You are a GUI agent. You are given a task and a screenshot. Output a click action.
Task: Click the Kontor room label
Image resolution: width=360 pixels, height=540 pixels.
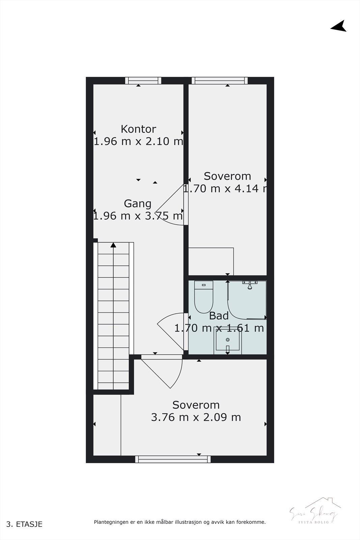pyautogui.click(x=138, y=129)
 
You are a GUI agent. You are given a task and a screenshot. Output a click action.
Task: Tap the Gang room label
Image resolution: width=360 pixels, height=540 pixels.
pyautogui.click(x=138, y=204)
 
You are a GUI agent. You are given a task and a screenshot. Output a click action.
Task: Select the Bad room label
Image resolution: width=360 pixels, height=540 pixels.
pyautogui.click(x=219, y=316)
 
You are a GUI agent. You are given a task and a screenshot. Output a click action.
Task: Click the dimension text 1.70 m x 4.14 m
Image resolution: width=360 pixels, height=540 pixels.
pyautogui.click(x=225, y=188)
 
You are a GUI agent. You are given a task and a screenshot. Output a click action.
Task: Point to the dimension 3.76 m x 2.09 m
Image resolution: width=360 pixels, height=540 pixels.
pyautogui.click(x=196, y=417)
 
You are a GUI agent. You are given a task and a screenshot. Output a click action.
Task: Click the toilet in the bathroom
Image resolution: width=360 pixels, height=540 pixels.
pyautogui.click(x=204, y=297)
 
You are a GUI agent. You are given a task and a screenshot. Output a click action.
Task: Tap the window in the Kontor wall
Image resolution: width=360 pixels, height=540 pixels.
pyautogui.click(x=143, y=80)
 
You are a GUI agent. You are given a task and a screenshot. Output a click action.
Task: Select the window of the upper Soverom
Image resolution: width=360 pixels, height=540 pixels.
pyautogui.click(x=220, y=80)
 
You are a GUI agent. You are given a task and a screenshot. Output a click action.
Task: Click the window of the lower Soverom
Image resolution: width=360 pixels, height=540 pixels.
pyautogui.click(x=173, y=459)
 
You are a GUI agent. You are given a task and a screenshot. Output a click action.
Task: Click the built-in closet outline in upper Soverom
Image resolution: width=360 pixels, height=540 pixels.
pyautogui.click(x=211, y=261)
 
